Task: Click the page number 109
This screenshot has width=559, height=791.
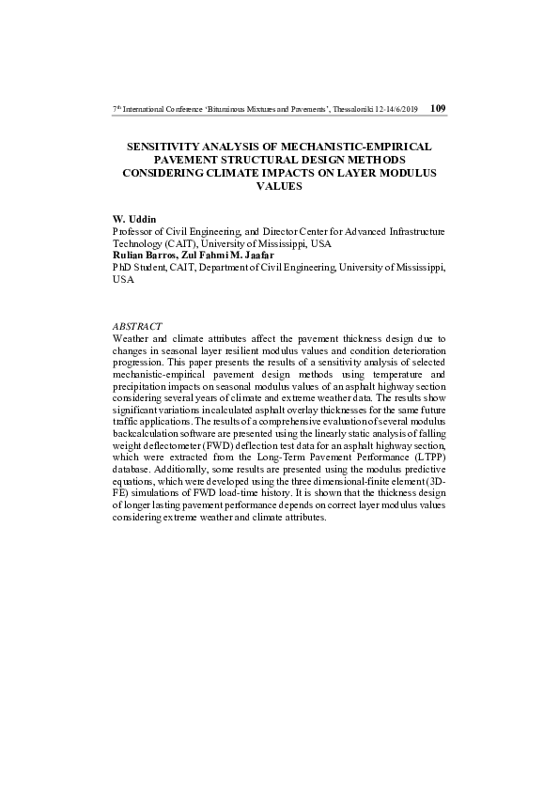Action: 437,108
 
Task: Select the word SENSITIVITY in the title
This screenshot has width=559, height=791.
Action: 163,147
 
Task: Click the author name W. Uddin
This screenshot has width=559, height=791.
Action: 132,218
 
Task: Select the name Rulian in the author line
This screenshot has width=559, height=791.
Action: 127,255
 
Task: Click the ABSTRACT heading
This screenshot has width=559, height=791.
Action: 137,326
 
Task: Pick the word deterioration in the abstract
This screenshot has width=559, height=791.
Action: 414,350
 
